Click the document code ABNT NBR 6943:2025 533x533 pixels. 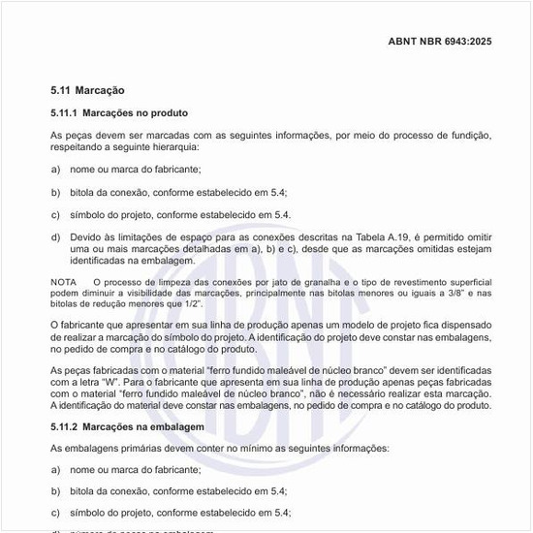440,42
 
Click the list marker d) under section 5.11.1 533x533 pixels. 55,237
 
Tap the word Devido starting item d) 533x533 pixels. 87,237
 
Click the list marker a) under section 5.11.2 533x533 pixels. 55,469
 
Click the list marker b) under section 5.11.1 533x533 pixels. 55,192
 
